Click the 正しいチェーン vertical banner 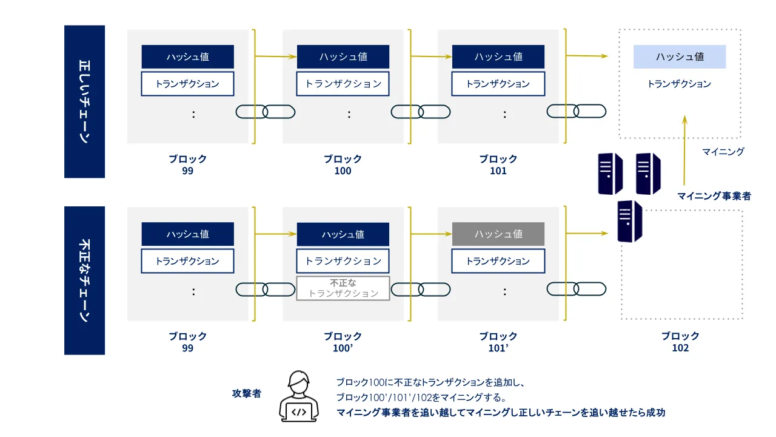click(x=84, y=101)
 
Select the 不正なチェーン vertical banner click(x=84, y=280)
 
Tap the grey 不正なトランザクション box click(x=343, y=288)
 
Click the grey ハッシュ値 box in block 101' click(x=498, y=234)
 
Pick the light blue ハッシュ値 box click(x=679, y=56)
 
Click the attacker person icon click(x=299, y=397)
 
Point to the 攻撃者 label click(x=247, y=393)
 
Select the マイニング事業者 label click(x=714, y=196)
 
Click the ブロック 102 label click(x=680, y=342)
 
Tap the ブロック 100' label click(x=343, y=342)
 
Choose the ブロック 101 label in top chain click(x=498, y=164)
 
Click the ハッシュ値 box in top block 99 click(x=187, y=56)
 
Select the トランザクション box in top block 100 click(x=343, y=84)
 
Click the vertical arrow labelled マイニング click(x=684, y=149)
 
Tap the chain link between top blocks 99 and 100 click(x=265, y=112)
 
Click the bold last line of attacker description click(x=500, y=413)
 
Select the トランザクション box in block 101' click(x=498, y=261)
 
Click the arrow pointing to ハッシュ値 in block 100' click(x=276, y=234)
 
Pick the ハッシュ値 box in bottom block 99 click(x=187, y=234)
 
